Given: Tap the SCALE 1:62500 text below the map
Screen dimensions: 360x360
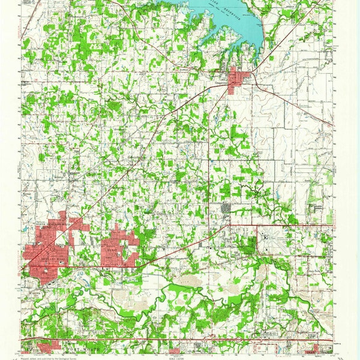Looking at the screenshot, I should (180, 355).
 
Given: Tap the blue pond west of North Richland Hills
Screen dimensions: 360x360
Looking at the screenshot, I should (25, 229).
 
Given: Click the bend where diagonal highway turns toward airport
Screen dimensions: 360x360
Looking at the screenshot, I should (229, 226).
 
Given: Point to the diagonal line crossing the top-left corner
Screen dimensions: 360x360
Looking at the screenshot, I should (30, 24).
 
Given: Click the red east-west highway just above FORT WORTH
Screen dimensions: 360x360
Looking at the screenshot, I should (180, 340).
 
